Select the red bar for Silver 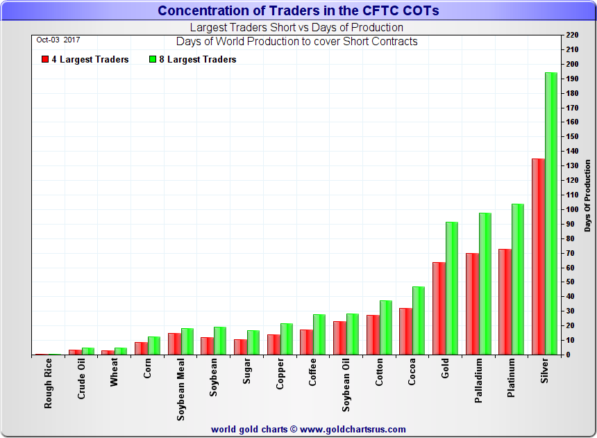click(x=538, y=257)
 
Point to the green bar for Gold click(x=452, y=289)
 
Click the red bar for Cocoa click(x=405, y=331)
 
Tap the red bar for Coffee click(x=306, y=342)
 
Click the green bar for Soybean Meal click(x=187, y=341)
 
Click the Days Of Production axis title click(x=587, y=195)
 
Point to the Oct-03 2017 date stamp click(x=58, y=40)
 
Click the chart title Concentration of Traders click(x=298, y=10)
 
